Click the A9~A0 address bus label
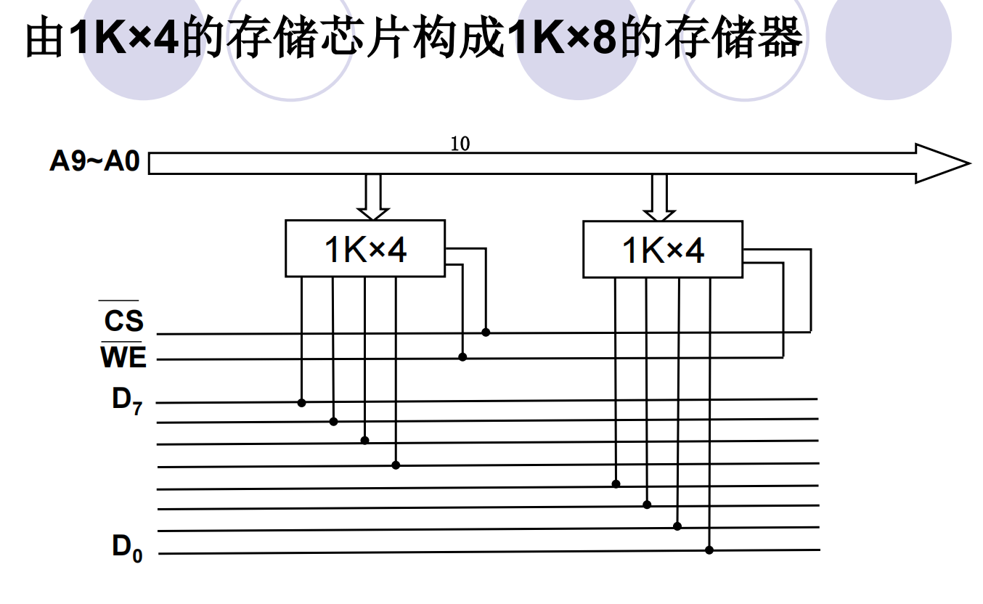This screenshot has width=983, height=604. point(94,161)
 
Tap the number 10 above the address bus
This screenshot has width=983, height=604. point(460,144)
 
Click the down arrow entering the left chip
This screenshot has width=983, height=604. point(373,197)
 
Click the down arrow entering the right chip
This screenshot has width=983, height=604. point(659,197)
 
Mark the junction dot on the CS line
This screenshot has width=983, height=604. point(486,332)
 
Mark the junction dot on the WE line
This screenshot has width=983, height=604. point(462,357)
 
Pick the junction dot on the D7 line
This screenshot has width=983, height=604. point(301,403)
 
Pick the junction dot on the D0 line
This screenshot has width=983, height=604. point(709,550)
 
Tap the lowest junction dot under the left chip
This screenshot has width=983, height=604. point(396,465)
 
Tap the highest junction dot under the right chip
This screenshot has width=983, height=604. point(616,484)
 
